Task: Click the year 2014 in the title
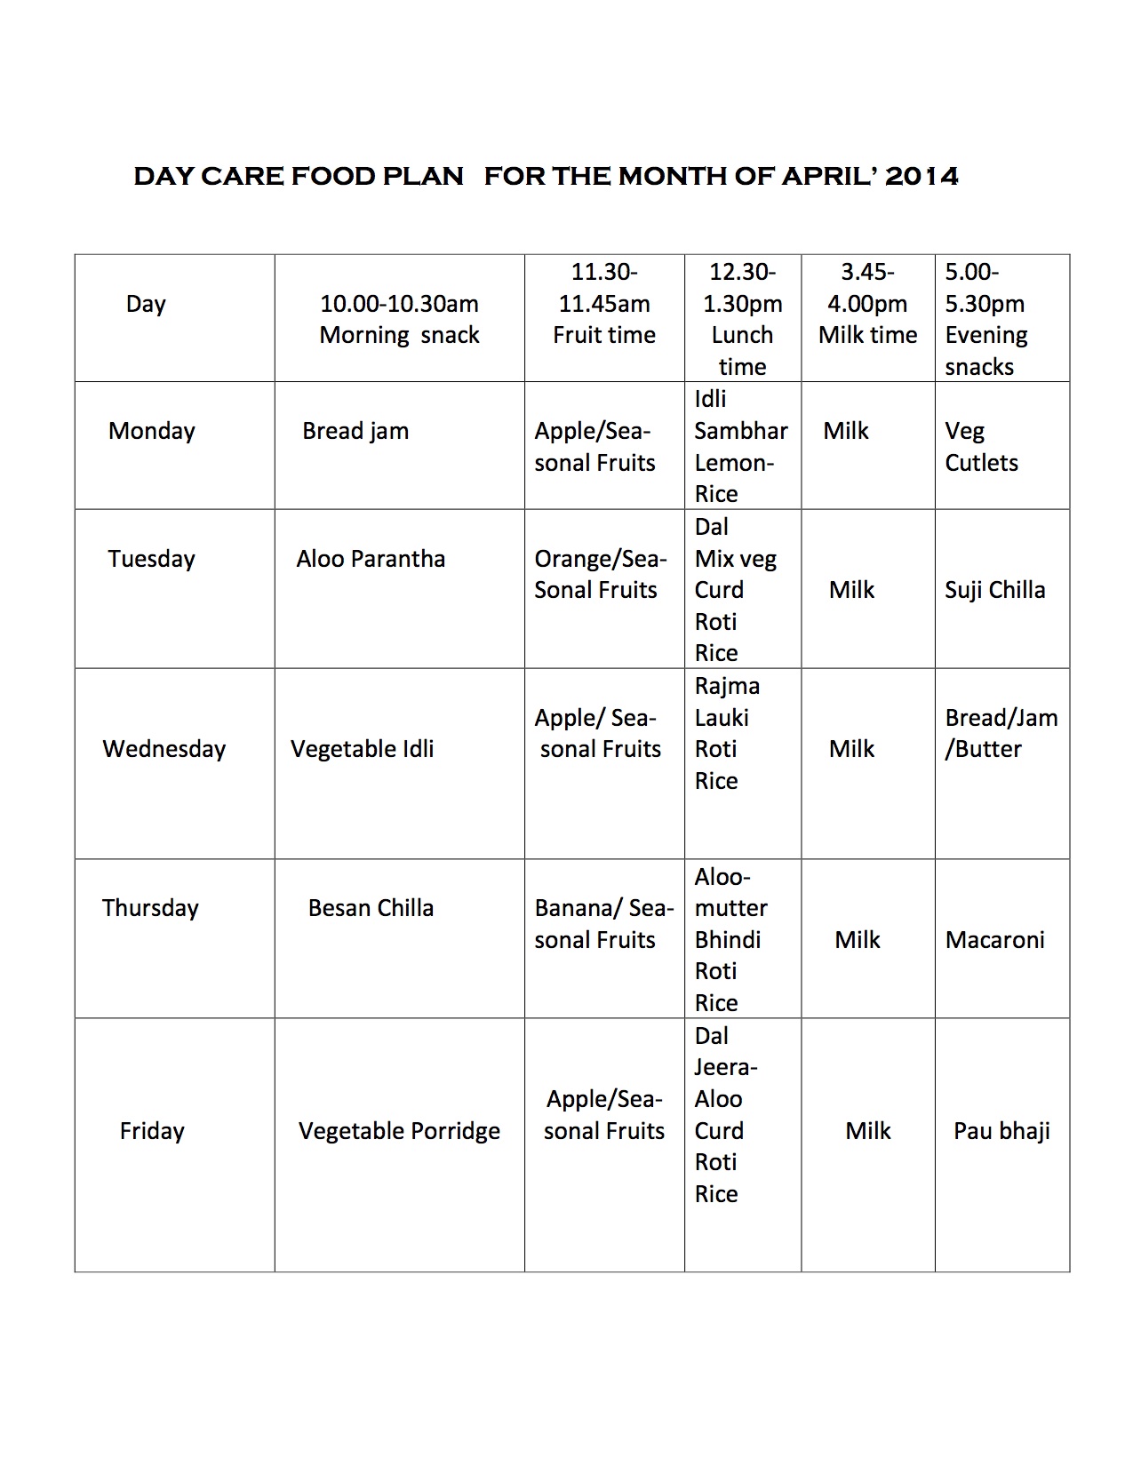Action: point(922,176)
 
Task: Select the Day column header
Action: point(146,304)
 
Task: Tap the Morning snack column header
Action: point(399,319)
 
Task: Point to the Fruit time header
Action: point(604,335)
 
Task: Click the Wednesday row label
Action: point(164,749)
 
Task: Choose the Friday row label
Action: point(152,1131)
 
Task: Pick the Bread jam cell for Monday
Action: point(355,431)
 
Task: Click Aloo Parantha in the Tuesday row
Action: point(371,559)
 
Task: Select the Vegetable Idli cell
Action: point(362,749)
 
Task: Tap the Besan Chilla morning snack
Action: point(371,908)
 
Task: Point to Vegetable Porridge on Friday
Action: point(399,1131)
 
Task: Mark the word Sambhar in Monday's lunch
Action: point(740,431)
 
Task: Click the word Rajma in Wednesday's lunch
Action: point(727,686)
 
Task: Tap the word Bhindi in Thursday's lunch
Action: point(728,940)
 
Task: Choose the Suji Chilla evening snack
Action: point(994,590)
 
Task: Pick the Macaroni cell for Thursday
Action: point(994,940)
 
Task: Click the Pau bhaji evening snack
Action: point(1001,1131)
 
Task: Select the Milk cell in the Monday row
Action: point(846,431)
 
